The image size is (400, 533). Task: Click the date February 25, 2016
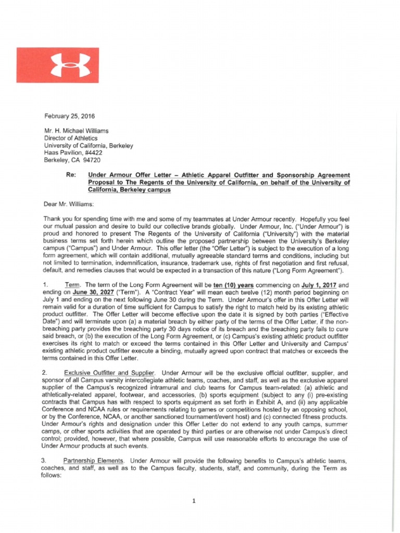click(x=66, y=116)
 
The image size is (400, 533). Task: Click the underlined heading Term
click(x=73, y=285)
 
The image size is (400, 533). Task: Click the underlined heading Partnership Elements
click(x=94, y=461)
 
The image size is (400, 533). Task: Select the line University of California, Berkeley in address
click(x=89, y=146)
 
